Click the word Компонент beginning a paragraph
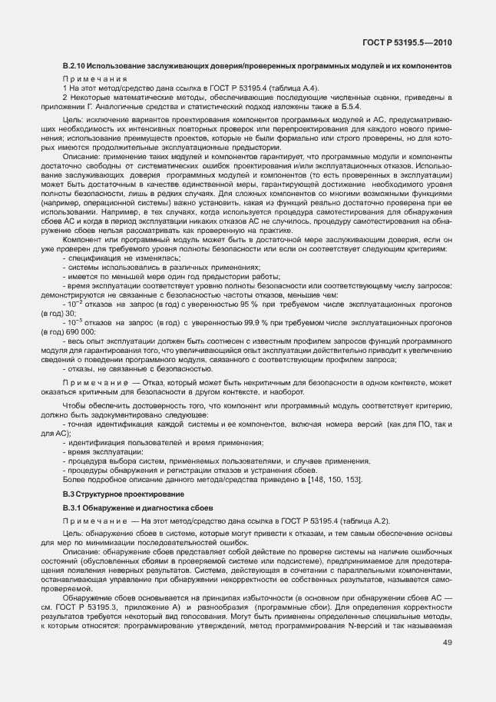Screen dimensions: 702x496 tap(80, 261)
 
